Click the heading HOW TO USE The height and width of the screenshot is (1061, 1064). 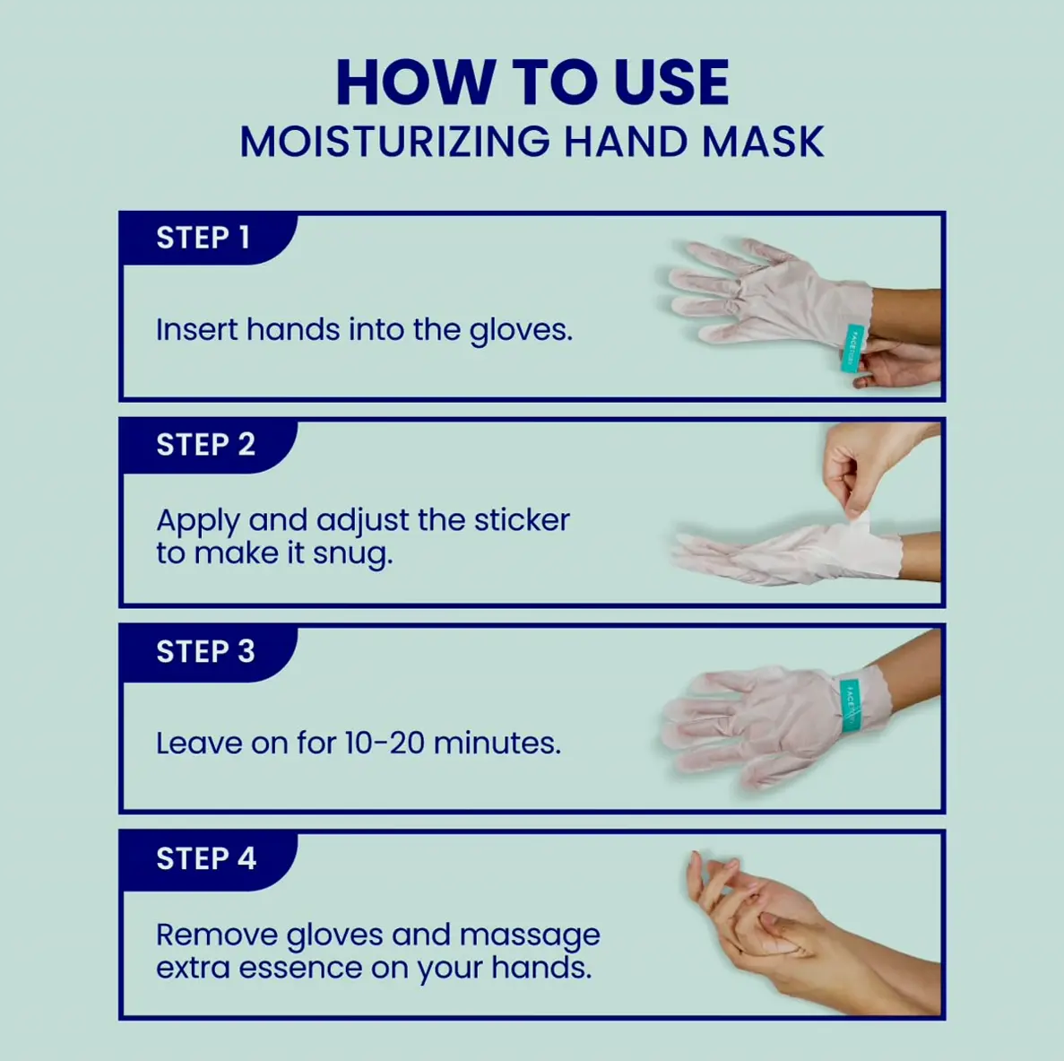pos(532,83)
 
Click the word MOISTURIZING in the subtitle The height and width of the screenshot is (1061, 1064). pos(395,142)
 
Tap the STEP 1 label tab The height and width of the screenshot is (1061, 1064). pos(208,239)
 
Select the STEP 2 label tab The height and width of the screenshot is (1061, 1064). pos(208,446)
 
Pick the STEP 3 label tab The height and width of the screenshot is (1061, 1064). pos(208,652)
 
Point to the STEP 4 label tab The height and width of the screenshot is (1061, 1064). pos(208,858)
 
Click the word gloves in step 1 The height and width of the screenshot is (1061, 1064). pos(521,331)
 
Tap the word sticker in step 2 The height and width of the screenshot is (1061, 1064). pos(522,521)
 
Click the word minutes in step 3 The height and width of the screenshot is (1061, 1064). pos(497,744)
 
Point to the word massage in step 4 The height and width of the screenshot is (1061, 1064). pos(530,936)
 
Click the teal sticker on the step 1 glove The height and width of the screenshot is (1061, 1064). pos(852,348)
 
